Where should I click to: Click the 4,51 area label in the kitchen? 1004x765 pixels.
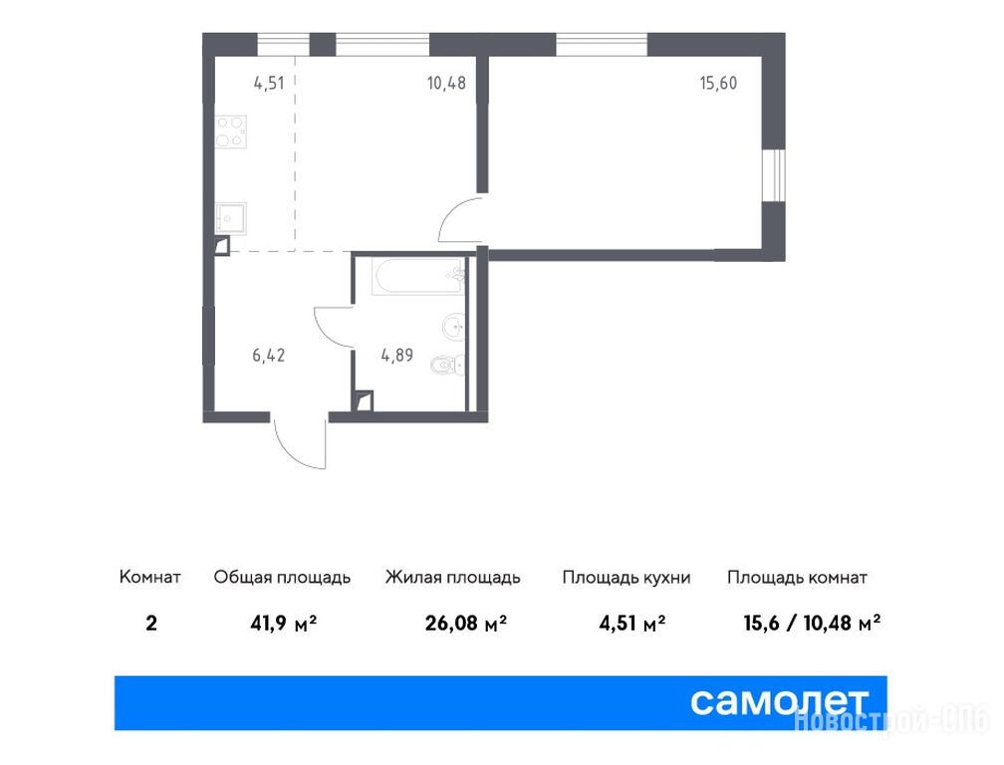click(269, 84)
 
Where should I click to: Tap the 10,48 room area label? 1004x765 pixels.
click(446, 84)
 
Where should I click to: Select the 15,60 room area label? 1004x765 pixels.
click(718, 84)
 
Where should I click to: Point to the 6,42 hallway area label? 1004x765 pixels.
click(269, 356)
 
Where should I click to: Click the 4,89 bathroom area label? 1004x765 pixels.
click(397, 356)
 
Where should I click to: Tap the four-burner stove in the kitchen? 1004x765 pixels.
click(231, 131)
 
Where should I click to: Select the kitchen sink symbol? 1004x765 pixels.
click(230, 219)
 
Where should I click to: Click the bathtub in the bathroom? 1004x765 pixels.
click(417, 276)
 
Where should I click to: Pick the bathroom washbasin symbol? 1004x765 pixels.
click(454, 326)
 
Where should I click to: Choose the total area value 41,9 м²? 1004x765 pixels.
click(284, 623)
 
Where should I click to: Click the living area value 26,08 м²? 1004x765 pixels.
click(465, 623)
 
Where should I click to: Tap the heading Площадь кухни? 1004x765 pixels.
click(627, 578)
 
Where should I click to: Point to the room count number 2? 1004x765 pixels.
click(151, 623)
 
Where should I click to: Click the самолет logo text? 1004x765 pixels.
click(779, 702)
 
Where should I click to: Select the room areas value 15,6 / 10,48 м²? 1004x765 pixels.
click(812, 623)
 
